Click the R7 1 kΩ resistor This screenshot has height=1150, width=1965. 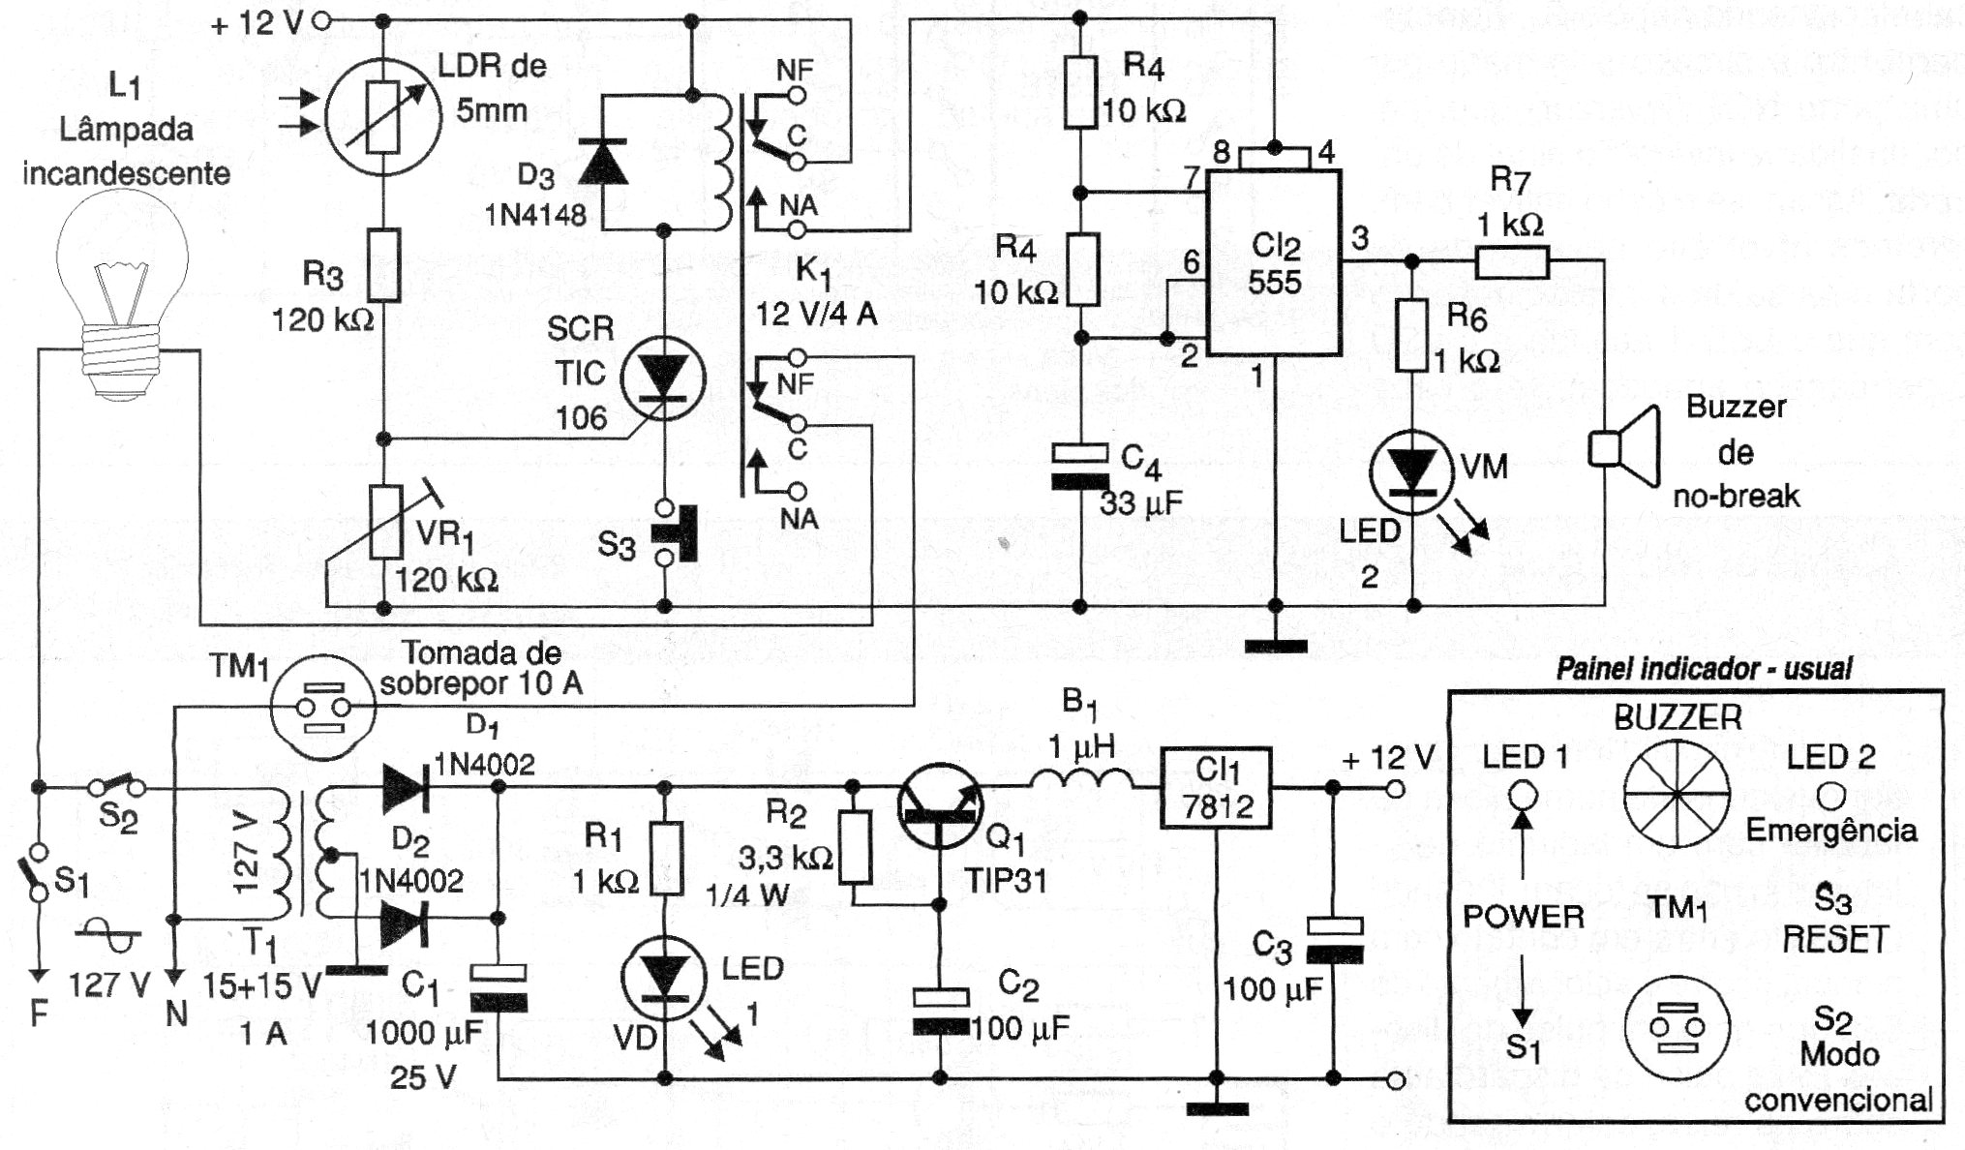coord(1511,261)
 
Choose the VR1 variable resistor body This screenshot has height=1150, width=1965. coord(384,524)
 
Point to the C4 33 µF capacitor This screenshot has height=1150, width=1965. coord(1080,466)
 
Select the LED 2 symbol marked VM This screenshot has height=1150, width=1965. coord(1413,471)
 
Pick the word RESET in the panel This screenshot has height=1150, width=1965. coord(1834,939)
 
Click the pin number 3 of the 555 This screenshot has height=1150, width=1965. coord(1360,238)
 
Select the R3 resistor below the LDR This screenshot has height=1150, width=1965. coord(384,263)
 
